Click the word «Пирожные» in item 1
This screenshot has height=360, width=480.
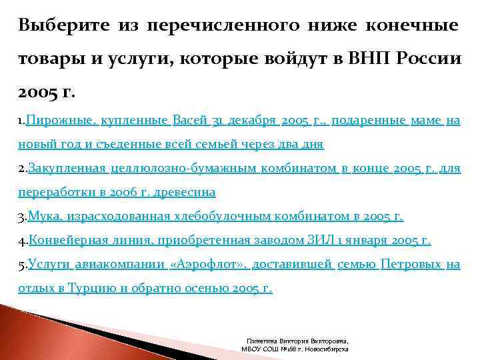(x=62, y=120)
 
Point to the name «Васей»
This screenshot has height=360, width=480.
(x=189, y=120)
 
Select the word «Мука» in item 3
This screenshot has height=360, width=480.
(x=41, y=217)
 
